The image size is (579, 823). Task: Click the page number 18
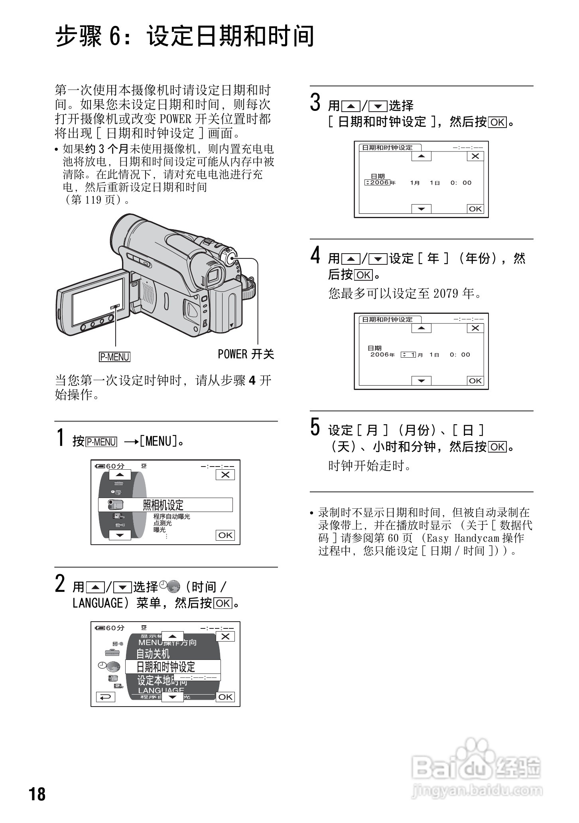(37, 794)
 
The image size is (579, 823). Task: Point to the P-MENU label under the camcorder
(114, 356)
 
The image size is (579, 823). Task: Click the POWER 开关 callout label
(246, 354)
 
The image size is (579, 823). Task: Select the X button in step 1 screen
(225, 475)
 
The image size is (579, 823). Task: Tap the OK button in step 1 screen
(225, 535)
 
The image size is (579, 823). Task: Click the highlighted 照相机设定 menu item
(165, 505)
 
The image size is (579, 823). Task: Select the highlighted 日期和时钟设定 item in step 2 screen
(173, 667)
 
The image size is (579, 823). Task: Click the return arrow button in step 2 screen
(106, 697)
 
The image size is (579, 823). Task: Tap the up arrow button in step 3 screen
(421, 156)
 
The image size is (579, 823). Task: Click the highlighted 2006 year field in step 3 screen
(377, 183)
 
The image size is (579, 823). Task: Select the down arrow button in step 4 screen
(421, 381)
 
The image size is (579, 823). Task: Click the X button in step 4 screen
(475, 328)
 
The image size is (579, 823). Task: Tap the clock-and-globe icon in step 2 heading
(169, 586)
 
